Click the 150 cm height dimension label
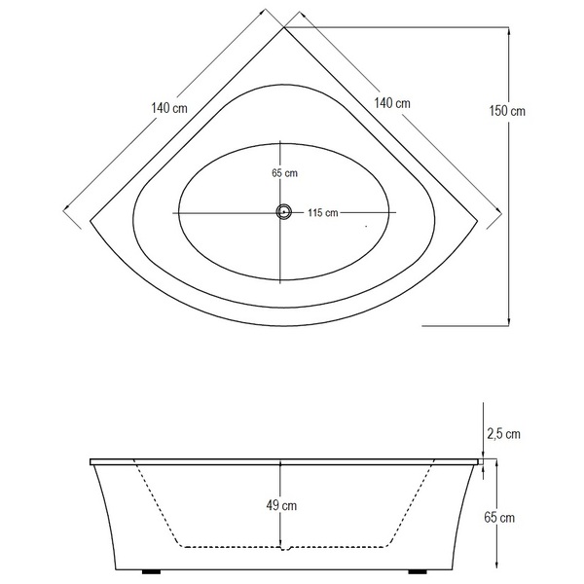point(507,111)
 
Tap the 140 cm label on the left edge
point(169,108)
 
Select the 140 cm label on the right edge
point(392,103)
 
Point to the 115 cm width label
point(323,212)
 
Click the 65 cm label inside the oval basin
point(284,173)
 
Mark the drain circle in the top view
point(284,212)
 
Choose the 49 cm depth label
point(281,505)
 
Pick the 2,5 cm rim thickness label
point(503,434)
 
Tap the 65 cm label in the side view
point(499,518)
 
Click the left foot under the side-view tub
point(151,571)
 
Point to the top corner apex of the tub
point(284,27)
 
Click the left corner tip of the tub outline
point(91,221)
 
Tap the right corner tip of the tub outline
point(478,221)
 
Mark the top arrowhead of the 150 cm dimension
point(509,32)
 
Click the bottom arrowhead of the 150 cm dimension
point(509,321)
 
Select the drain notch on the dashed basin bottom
point(284,548)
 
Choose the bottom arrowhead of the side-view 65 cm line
point(496,565)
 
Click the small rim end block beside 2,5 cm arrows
point(481,461)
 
